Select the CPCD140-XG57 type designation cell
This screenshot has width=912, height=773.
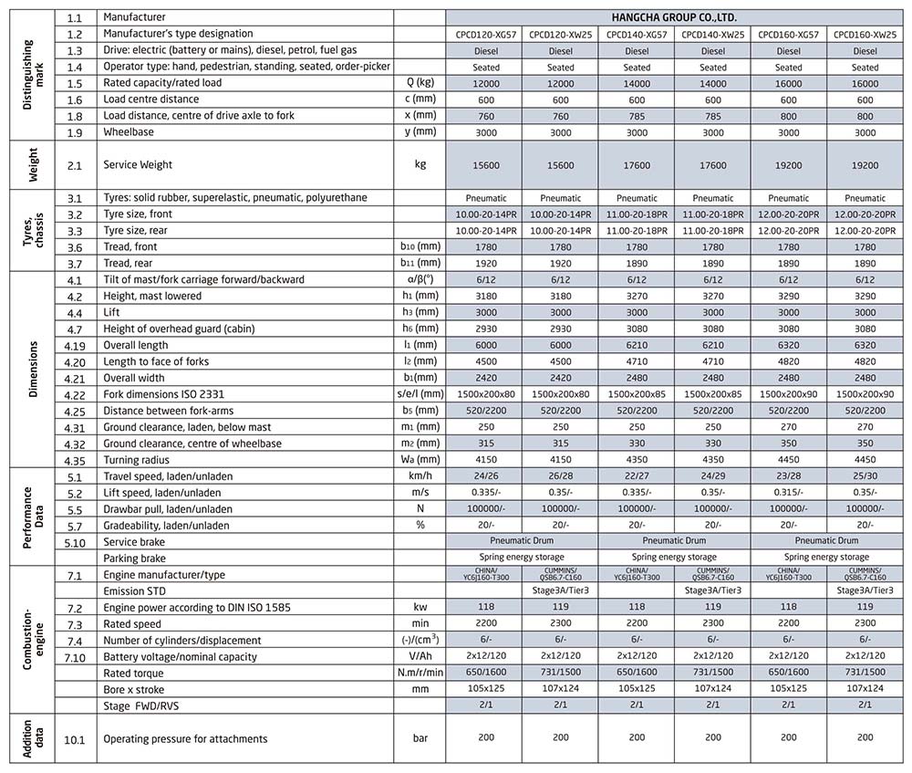(637, 34)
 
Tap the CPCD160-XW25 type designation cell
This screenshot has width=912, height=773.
(865, 34)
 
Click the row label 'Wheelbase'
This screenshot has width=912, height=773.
(129, 132)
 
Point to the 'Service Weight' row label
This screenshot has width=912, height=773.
(138, 165)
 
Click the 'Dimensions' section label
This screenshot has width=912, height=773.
(33, 370)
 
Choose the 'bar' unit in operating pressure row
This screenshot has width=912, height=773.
(420, 738)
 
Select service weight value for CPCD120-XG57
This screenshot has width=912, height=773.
(484, 165)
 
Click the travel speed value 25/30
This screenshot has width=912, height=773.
(865, 476)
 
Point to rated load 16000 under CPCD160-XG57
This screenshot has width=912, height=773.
(789, 83)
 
